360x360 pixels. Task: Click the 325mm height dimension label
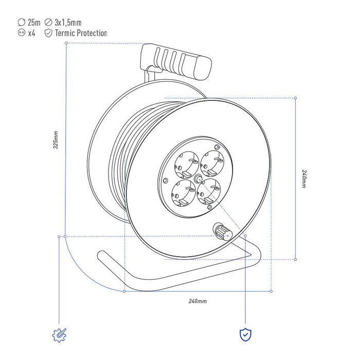pos(56,140)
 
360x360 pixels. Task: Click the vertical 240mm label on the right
pos(304,179)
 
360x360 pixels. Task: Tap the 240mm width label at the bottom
pos(197,301)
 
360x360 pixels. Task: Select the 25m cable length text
pos(34,23)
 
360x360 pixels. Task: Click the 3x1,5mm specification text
pos(68,23)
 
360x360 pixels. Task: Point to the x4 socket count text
pos(32,33)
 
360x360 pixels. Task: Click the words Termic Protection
pos(81,33)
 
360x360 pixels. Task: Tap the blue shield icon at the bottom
pos(245,335)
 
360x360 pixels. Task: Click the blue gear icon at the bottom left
pos(59,335)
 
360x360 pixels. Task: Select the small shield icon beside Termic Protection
pos(48,33)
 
